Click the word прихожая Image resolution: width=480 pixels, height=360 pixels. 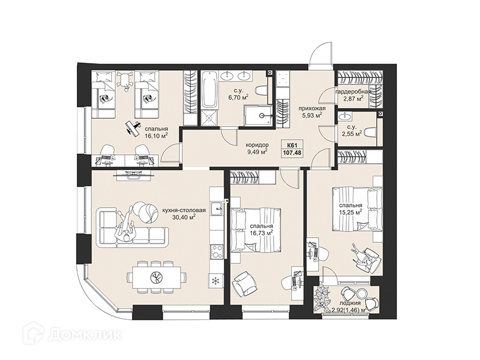(312, 109)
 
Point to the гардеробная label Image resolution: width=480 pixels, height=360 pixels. (353, 92)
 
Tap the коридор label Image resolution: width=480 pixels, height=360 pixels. (258, 145)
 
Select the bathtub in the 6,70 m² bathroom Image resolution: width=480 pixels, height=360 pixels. (209, 89)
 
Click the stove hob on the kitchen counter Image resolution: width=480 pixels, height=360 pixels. (217, 252)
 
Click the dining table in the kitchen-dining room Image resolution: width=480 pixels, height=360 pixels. (157, 277)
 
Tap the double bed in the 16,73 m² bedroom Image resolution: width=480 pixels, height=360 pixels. (256, 230)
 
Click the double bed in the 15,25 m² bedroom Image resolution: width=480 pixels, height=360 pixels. (358, 209)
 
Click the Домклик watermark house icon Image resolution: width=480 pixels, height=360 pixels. (34, 334)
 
